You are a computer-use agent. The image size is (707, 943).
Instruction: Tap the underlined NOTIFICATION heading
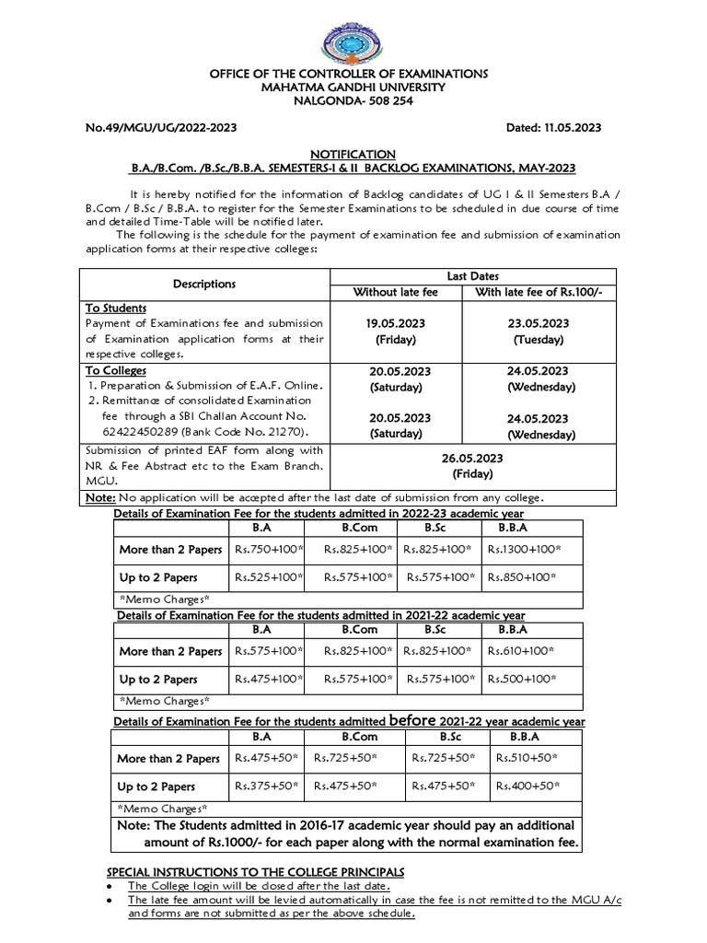pyautogui.click(x=353, y=153)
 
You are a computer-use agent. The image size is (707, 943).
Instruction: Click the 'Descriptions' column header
pyautogui.click(x=204, y=284)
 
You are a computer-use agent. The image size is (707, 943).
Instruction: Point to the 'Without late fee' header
pyautogui.click(x=397, y=293)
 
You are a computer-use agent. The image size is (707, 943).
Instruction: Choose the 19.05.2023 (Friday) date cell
pyautogui.click(x=397, y=331)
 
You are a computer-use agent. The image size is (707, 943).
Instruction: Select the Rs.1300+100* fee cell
pyautogui.click(x=524, y=550)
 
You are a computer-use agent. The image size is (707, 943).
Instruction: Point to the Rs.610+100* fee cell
pyautogui.click(x=521, y=650)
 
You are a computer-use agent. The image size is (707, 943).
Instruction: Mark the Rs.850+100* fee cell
pyautogui.click(x=521, y=578)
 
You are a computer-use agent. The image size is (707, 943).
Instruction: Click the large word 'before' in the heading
pyautogui.click(x=418, y=719)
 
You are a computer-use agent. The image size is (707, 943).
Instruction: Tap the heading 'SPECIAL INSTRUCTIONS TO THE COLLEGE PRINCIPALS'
pyautogui.click(x=256, y=871)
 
